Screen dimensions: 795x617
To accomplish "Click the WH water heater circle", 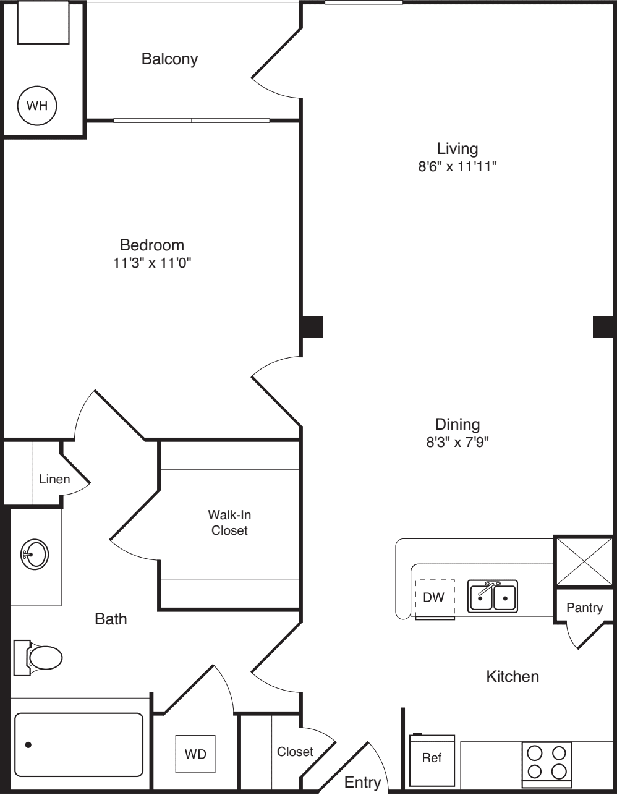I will point(37,106).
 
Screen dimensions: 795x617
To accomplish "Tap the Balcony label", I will point(169,59).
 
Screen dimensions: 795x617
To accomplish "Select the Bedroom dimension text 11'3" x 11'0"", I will point(152,263).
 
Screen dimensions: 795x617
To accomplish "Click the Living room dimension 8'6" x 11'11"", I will point(457,166).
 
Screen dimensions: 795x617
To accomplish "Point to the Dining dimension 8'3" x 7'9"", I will point(457,442).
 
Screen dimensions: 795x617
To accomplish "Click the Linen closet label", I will point(54,479).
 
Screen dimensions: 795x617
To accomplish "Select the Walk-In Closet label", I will point(229,522).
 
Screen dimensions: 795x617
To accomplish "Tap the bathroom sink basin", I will point(35,554).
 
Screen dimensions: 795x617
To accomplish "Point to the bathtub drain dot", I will point(28,745).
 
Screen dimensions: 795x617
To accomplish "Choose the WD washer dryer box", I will point(195,754).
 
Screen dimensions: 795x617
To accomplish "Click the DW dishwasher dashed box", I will point(435,598).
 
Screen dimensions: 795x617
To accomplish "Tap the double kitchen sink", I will point(493,597).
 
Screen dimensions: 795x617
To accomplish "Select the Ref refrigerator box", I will point(432,758).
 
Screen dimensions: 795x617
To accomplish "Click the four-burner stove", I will point(547,762).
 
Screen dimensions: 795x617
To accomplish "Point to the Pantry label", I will point(584,608).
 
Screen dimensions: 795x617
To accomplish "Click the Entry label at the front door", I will point(362,782).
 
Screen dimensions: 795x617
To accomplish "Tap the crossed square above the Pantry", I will point(583,561).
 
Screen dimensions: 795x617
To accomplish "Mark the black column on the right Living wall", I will point(603,326).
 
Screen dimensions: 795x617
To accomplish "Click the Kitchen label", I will point(513,676).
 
